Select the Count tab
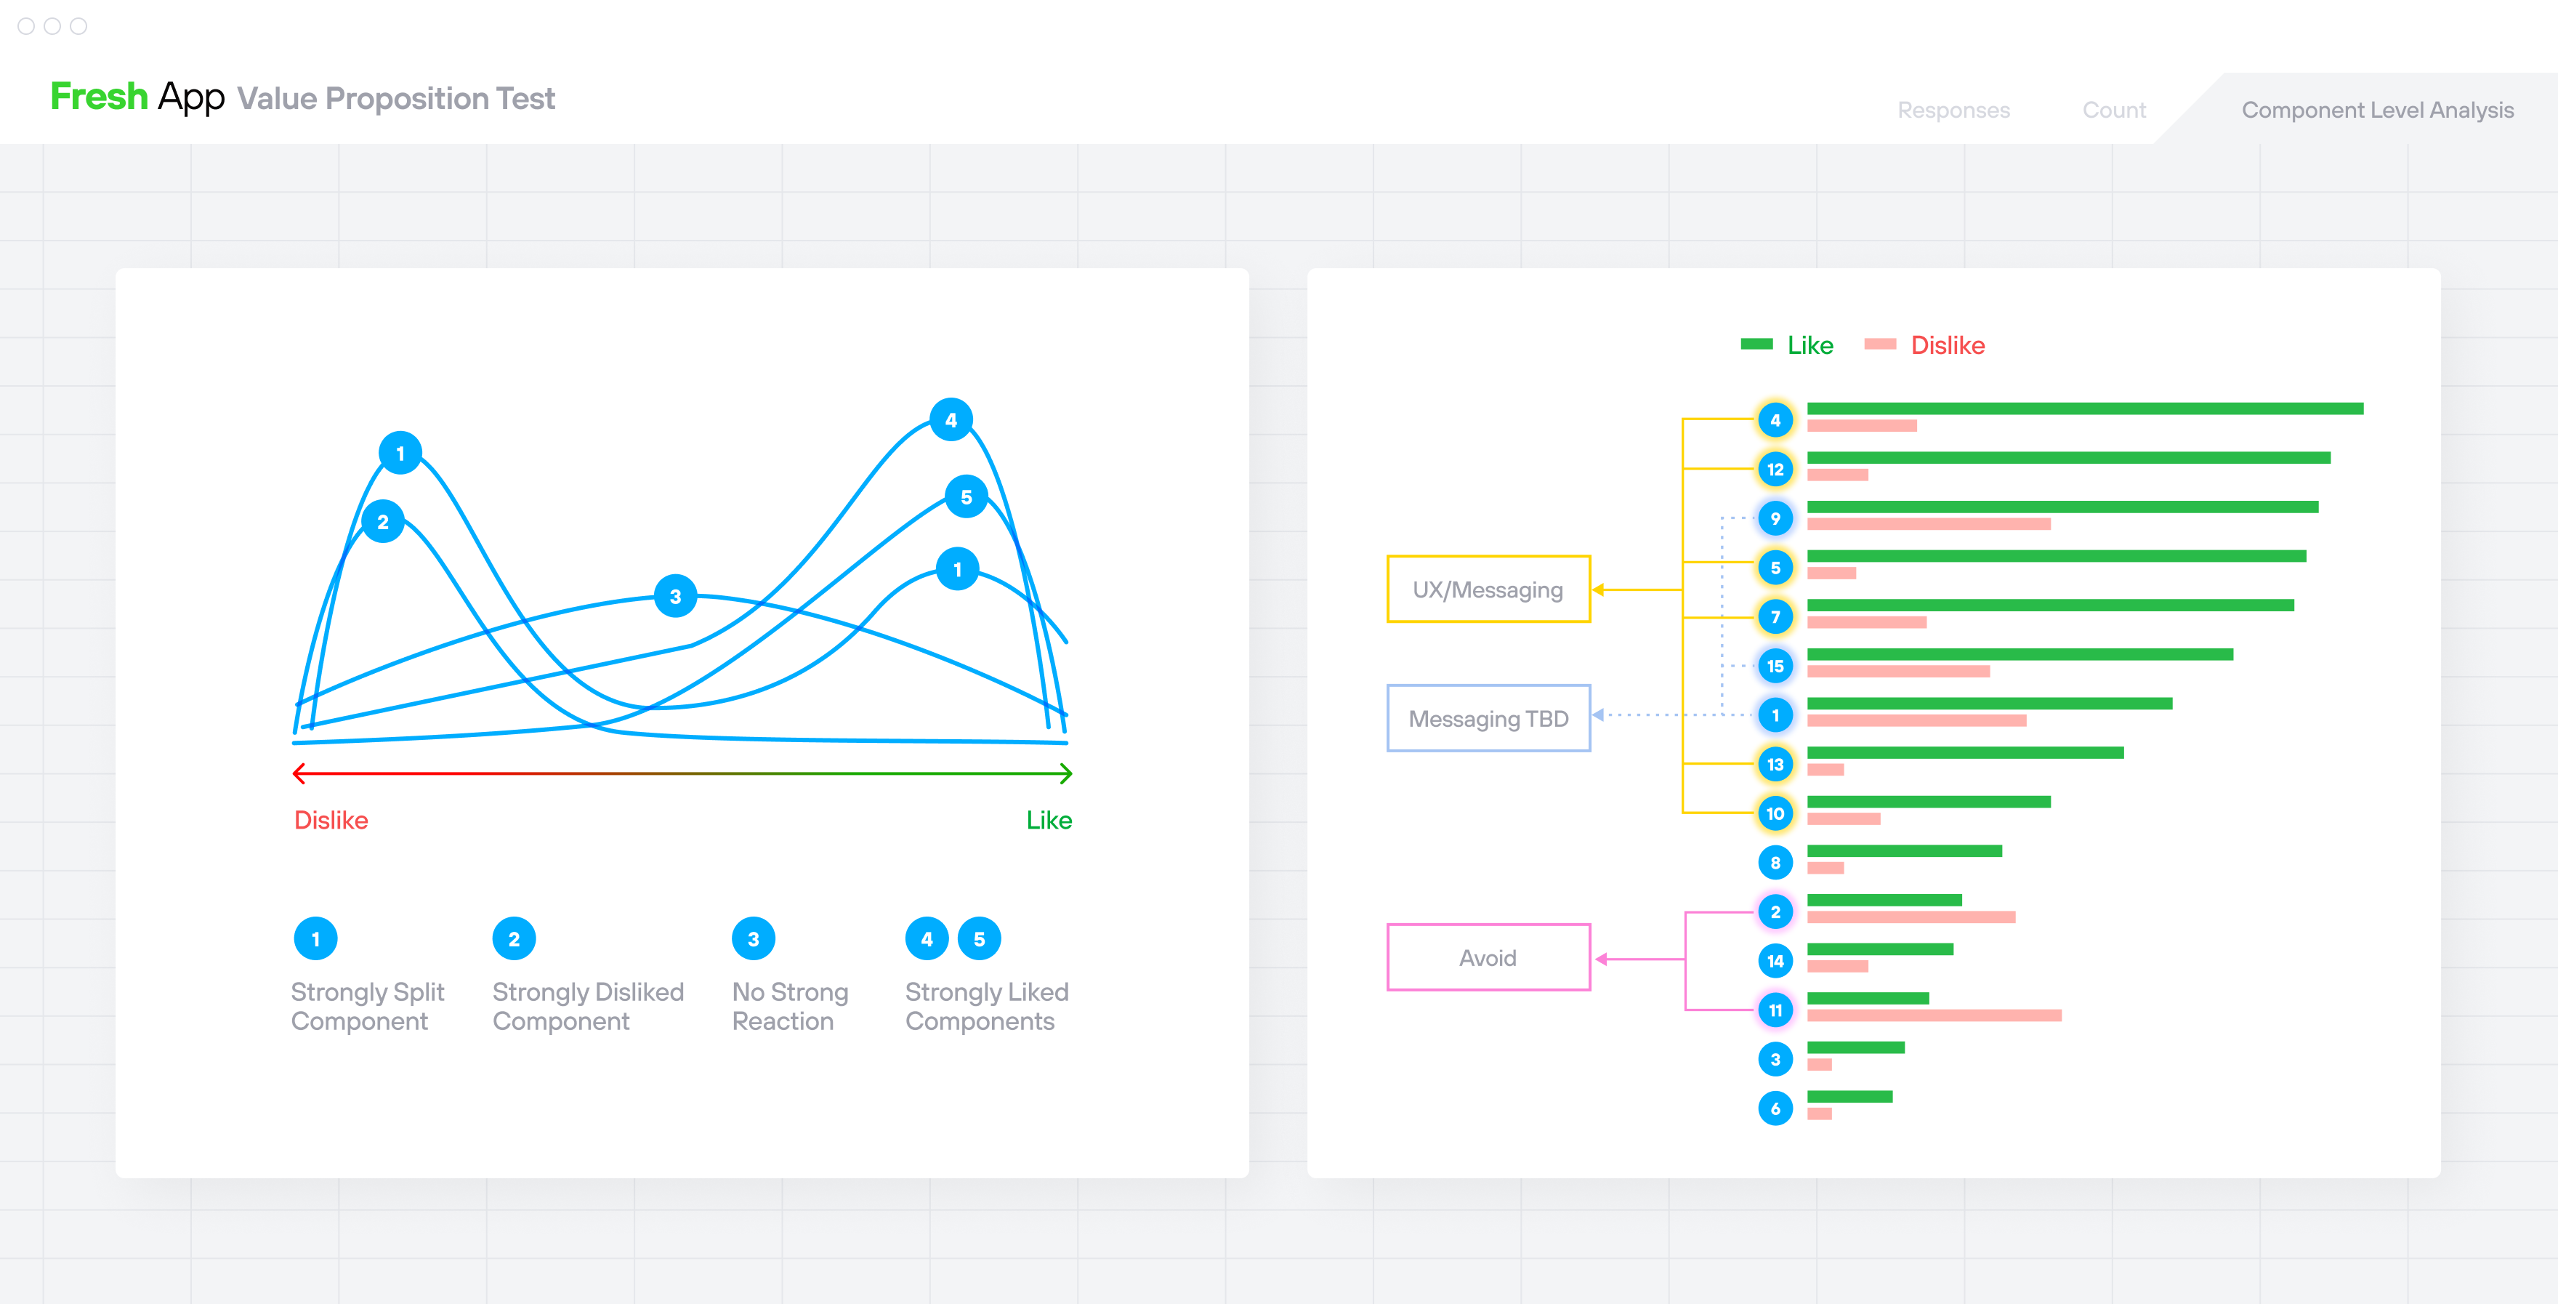point(2113,110)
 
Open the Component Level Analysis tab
point(2376,110)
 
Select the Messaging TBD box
point(1488,718)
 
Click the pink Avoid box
point(1488,957)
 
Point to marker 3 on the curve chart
point(675,597)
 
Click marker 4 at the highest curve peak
point(951,420)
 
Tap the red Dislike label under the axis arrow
point(331,821)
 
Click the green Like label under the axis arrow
point(1049,821)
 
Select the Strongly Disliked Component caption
point(587,1006)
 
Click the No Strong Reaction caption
point(789,1006)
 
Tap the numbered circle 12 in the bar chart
point(1775,469)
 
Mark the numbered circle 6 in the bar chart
point(1775,1108)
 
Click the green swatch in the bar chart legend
point(1756,345)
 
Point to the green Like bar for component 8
point(1904,851)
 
